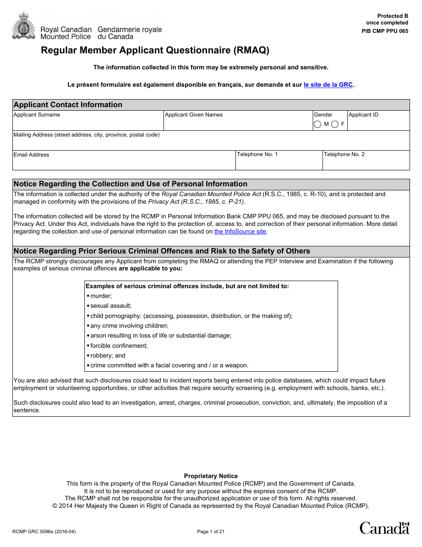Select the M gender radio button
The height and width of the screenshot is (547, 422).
point(318,124)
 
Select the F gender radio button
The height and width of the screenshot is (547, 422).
point(335,124)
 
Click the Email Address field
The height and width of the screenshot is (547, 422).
point(123,163)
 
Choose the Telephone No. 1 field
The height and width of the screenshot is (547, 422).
point(279,163)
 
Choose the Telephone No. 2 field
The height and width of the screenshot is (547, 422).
point(366,163)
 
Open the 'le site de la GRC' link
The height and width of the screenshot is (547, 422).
point(328,84)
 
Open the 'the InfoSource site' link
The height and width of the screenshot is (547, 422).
point(240,232)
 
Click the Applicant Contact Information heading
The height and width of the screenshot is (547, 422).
point(68,105)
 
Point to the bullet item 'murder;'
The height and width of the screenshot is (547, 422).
point(101,296)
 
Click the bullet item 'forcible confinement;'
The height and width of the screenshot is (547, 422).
point(119,346)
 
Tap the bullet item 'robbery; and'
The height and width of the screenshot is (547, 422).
point(107,355)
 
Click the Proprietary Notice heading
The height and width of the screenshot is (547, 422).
point(211,476)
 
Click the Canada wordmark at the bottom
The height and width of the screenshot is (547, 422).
point(384,528)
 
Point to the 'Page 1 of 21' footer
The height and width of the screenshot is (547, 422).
point(211,531)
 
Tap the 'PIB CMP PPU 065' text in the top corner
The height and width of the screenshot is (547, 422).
point(385,31)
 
